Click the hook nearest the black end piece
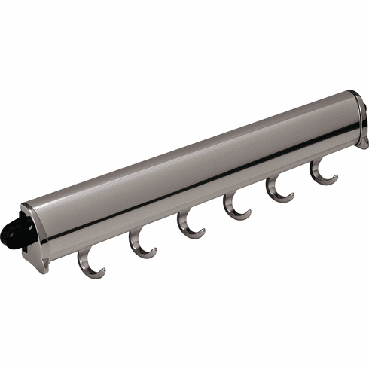89,266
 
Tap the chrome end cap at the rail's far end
360,117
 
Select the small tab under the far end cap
363,142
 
